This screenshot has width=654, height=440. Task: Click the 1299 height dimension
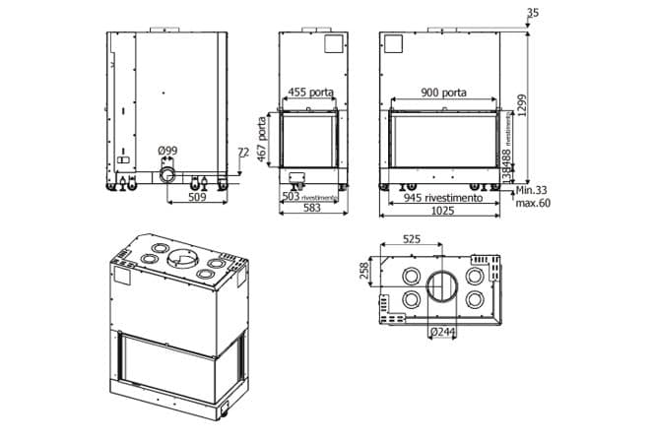click(x=537, y=95)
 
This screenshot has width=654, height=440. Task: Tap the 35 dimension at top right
click(x=533, y=13)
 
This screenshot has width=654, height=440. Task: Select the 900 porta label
click(x=443, y=93)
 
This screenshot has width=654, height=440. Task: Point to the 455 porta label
click(x=310, y=93)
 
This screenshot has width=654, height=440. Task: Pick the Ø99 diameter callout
click(x=167, y=151)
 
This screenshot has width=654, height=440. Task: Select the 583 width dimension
click(x=311, y=209)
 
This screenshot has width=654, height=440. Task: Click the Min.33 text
click(x=532, y=189)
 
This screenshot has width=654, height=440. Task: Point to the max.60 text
click(x=533, y=203)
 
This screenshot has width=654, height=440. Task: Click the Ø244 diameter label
click(x=442, y=332)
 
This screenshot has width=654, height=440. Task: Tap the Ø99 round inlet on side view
click(x=169, y=175)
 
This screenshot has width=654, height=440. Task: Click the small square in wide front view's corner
click(x=394, y=45)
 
